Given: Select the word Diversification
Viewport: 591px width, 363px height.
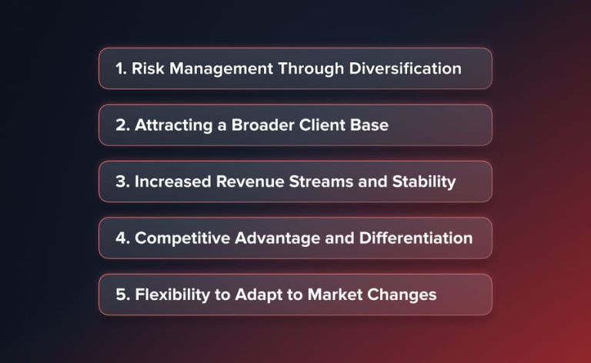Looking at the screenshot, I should (405, 68).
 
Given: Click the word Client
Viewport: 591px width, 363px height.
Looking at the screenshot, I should (326, 125).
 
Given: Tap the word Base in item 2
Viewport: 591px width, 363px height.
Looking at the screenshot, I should (371, 125).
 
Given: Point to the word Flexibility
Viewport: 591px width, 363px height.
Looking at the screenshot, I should (171, 295).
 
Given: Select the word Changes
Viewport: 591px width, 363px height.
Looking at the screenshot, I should (405, 295).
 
